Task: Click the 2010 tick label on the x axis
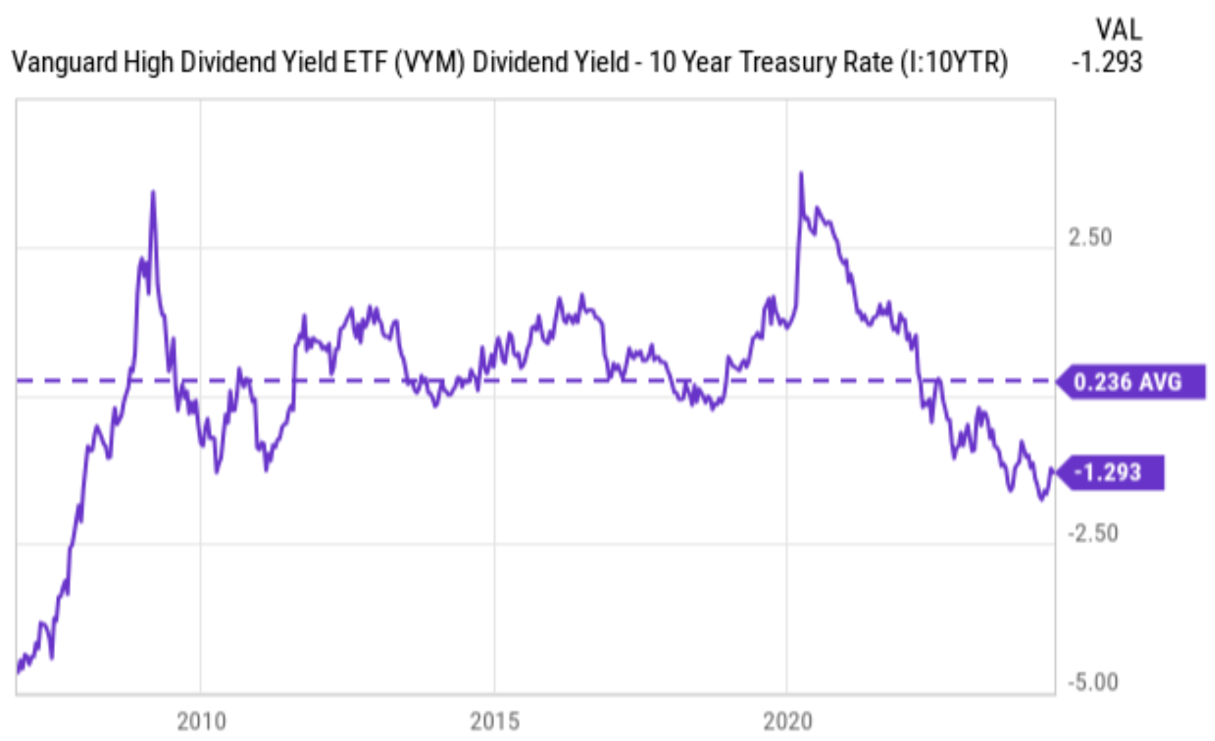click(x=201, y=722)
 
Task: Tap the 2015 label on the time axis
click(x=494, y=722)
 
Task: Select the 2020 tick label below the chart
click(x=787, y=722)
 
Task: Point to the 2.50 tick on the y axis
click(x=1090, y=238)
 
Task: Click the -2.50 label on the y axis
click(x=1093, y=534)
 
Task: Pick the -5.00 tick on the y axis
click(x=1093, y=682)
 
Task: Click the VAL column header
click(x=1118, y=29)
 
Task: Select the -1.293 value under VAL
click(x=1107, y=62)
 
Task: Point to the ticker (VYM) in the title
click(x=429, y=62)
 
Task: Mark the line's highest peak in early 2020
click(x=801, y=173)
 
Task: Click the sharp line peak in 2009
click(x=153, y=192)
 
